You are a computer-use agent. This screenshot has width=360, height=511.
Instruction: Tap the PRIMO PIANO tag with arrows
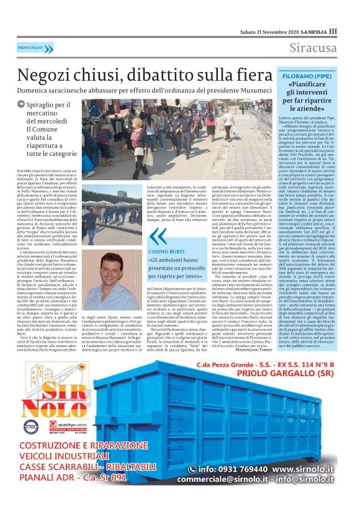35,48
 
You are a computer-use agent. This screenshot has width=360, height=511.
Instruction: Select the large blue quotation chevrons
158,236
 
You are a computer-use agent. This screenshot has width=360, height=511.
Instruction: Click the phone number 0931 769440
231,487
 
